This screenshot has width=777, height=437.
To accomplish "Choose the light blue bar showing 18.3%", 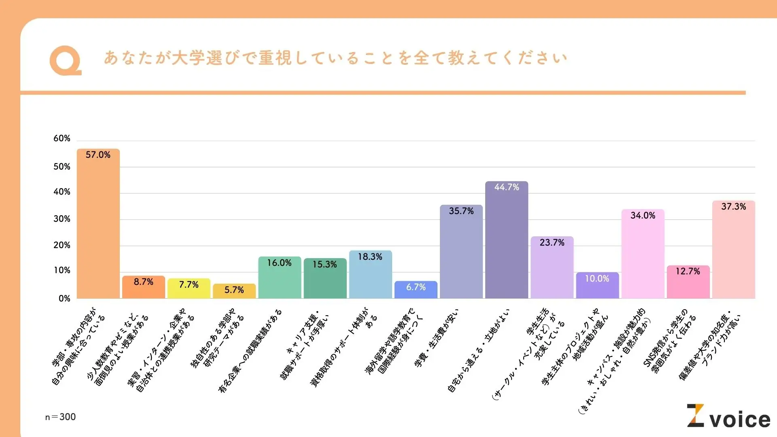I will coord(370,275).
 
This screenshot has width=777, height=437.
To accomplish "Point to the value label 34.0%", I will coord(643,216).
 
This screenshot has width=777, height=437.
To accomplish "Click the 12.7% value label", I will coord(688,272).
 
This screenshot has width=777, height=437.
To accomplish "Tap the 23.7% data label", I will coord(552,243).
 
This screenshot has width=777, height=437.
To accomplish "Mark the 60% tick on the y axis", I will coord(62,138).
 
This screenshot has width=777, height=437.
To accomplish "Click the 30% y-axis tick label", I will coord(62,219).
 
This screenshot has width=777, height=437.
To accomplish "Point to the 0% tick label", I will coord(64,299).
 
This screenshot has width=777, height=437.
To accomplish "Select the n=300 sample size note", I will coord(60,417).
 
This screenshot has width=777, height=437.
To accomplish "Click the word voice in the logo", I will coord(740,420).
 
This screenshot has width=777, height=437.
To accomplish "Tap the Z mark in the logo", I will coord(696,416).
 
